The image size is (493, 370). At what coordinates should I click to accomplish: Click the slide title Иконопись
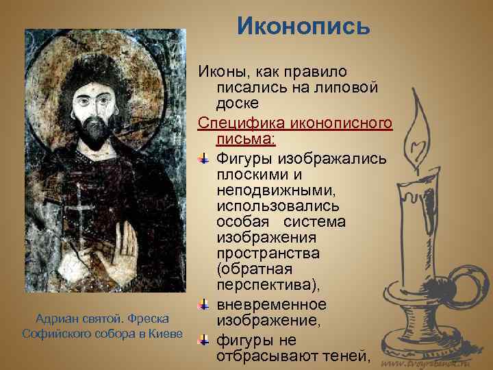[303, 26]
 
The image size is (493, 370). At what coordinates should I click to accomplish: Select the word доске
[236, 105]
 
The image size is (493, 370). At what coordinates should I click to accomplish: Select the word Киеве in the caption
[166, 334]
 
